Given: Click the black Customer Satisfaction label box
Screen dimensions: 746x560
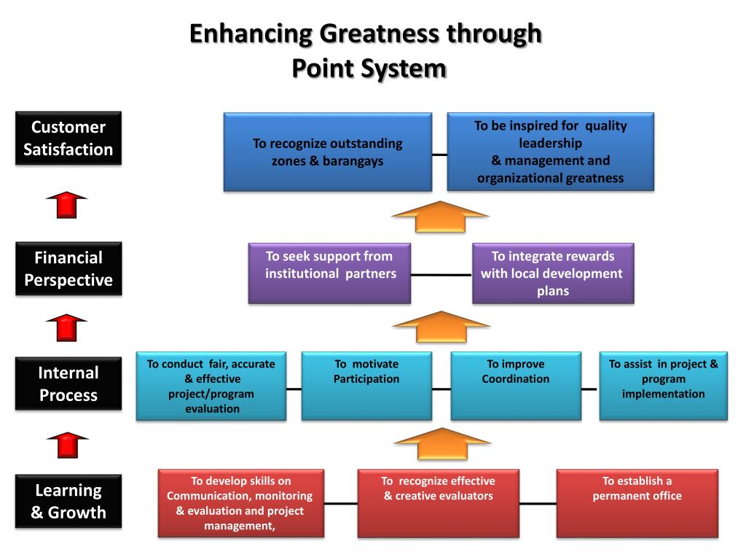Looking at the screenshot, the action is coord(68,138).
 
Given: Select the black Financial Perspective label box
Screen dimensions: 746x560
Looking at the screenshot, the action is coord(68,268).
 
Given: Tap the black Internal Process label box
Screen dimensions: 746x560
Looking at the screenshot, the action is coord(68,384).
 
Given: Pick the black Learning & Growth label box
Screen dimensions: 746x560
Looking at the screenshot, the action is coord(68,501).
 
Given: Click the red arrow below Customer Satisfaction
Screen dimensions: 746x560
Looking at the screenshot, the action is coord(66,205).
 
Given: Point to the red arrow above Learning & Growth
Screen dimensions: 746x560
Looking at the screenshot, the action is coord(68,445).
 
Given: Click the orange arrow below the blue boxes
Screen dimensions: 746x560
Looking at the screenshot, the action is coord(440,217).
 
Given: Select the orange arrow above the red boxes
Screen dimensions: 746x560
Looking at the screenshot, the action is coord(442,444).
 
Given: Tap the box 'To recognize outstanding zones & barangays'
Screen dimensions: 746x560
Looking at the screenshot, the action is coord(328,152).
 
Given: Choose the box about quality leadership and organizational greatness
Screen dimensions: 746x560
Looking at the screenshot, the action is coord(551,152).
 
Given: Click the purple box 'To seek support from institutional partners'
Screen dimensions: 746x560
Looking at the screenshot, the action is coord(329,273).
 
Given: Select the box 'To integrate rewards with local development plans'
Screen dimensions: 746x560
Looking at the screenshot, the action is coord(553,273).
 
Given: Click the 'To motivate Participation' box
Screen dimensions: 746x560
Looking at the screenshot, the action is coord(366,386).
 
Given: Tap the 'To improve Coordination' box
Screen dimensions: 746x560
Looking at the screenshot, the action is coord(516,386).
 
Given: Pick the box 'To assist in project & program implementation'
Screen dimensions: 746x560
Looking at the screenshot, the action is coord(663,386).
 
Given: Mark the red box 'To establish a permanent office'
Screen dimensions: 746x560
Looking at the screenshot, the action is coord(637,503).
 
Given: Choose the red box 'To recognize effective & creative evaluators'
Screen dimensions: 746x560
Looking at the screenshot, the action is coord(438,503).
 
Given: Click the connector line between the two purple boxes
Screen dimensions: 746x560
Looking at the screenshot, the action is coord(441,275).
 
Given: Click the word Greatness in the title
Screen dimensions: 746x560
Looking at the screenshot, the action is coord(379,34).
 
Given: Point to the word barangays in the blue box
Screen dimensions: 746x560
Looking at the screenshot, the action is coord(353,161).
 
